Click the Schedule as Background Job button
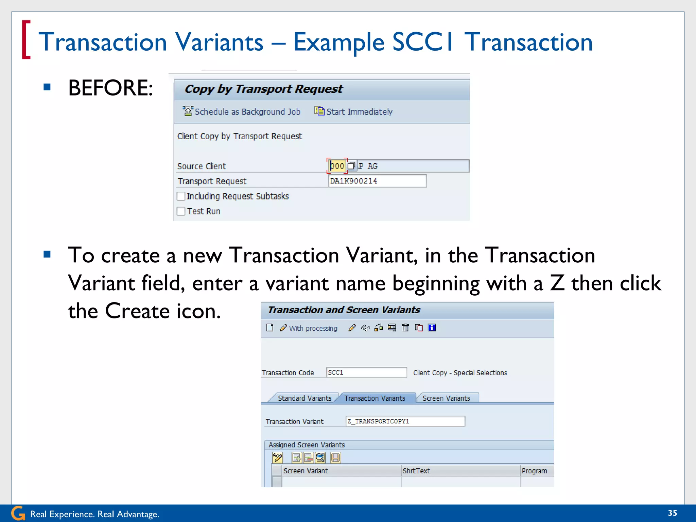[242, 111]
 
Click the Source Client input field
[337, 166]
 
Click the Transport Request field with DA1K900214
[377, 181]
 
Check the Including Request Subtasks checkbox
[181, 196]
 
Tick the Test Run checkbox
[181, 211]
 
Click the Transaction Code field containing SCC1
[366, 372]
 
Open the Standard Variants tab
[304, 398]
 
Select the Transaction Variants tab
[375, 398]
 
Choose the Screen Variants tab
[446, 398]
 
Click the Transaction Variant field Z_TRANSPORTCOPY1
[405, 421]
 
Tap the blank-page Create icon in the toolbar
[270, 328]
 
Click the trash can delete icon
[405, 328]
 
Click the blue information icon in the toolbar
[432, 328]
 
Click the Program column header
[534, 471]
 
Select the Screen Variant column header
[306, 471]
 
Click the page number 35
[672, 513]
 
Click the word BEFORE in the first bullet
[110, 88]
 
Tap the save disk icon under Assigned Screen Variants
[335, 458]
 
